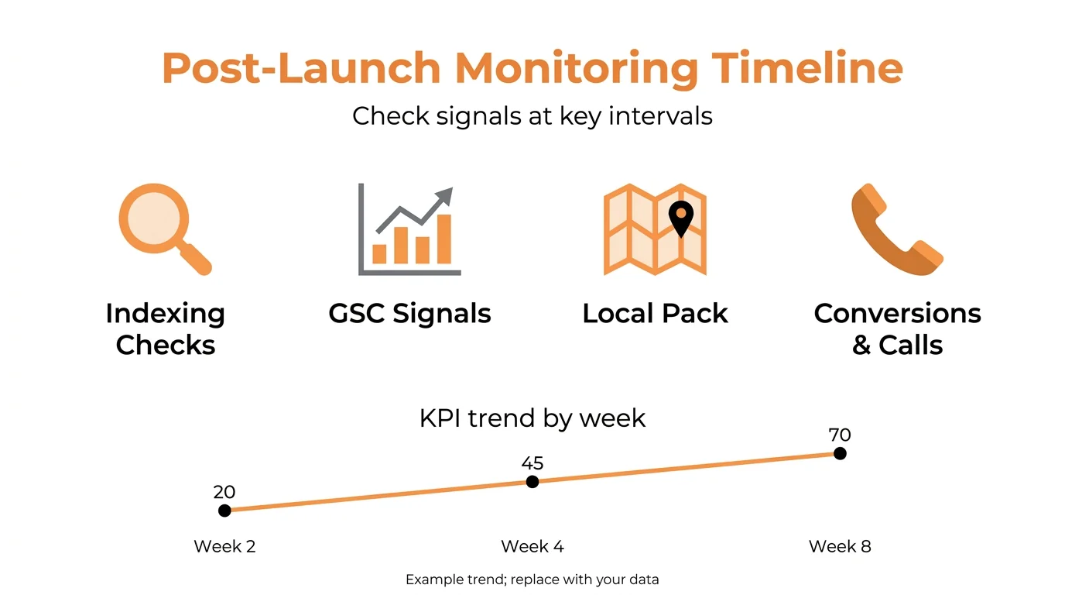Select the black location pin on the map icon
pyautogui.click(x=680, y=218)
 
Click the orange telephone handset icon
pyautogui.click(x=895, y=230)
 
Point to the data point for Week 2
pyautogui.click(x=224, y=511)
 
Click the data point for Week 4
pyautogui.click(x=532, y=482)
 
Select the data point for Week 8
pyautogui.click(x=840, y=453)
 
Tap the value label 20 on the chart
pyautogui.click(x=224, y=492)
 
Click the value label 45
pyautogui.click(x=532, y=463)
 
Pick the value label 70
pyautogui.click(x=840, y=435)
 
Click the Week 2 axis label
pyautogui.click(x=224, y=546)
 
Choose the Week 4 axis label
pyautogui.click(x=532, y=546)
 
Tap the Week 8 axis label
pyautogui.click(x=840, y=546)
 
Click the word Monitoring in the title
pyautogui.click(x=576, y=68)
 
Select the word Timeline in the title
pyautogui.click(x=807, y=68)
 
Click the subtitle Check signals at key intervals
pyautogui.click(x=532, y=116)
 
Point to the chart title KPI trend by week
pyautogui.click(x=532, y=418)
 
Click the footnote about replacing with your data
pyautogui.click(x=532, y=580)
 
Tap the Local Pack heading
pyautogui.click(x=655, y=313)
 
